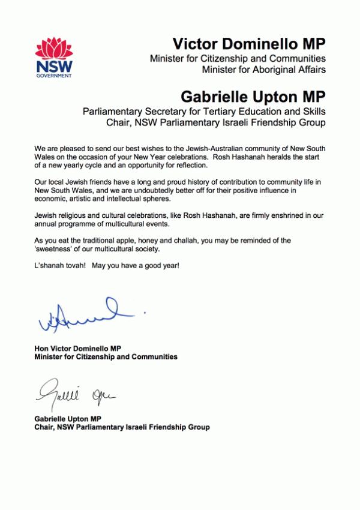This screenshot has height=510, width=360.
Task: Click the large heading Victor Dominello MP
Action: tap(249, 44)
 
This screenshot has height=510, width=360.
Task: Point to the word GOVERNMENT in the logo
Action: tap(54, 76)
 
